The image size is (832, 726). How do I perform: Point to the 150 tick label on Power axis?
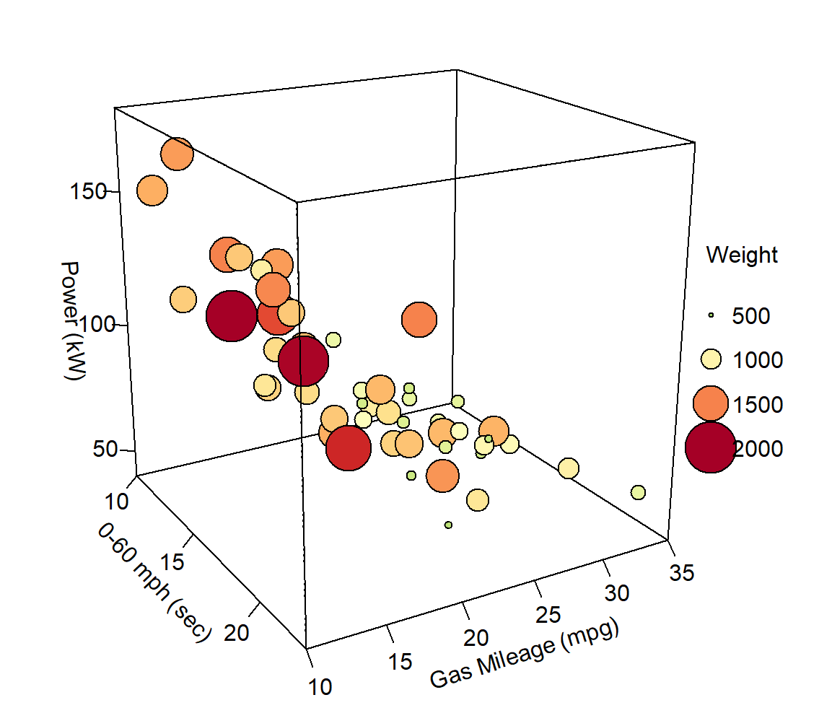[85, 192]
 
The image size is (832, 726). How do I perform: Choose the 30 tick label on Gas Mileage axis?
[615, 593]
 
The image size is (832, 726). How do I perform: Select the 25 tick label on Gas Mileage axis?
[548, 614]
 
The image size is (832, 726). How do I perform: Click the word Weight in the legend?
[742, 255]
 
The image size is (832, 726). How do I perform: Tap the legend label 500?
[751, 315]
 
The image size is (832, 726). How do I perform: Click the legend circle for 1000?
[711, 359]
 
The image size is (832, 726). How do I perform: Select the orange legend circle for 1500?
[711, 403]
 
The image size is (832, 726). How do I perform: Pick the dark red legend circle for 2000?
[711, 447]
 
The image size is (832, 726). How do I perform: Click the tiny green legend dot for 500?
[711, 315]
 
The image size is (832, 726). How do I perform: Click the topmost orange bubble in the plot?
[178, 154]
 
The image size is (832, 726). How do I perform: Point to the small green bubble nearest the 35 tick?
[638, 492]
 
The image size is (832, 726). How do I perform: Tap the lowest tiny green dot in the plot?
[449, 525]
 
